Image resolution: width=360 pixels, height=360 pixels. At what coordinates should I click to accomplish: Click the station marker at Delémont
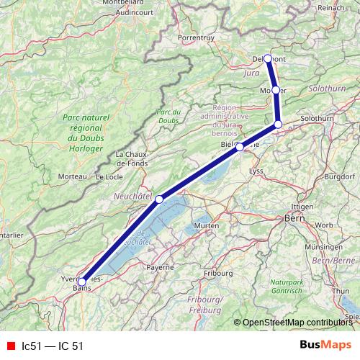click(268, 58)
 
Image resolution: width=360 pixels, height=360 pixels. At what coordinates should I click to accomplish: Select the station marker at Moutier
click(275, 90)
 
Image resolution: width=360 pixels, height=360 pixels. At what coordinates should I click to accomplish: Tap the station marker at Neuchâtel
click(159, 199)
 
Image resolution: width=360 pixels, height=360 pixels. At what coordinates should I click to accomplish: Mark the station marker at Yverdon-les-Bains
click(81, 282)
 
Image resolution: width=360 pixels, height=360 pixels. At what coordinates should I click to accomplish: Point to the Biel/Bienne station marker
click(240, 147)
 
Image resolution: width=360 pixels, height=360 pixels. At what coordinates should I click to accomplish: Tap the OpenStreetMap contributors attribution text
click(300, 323)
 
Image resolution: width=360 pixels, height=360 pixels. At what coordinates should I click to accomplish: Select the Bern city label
click(295, 217)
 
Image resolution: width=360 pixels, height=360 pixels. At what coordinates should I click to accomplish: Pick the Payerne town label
click(161, 267)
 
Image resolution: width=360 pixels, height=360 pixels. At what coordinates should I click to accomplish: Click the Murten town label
click(206, 226)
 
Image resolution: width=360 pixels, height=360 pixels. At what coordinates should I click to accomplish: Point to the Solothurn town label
click(318, 117)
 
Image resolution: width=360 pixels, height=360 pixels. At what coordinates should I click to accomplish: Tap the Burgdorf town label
click(340, 176)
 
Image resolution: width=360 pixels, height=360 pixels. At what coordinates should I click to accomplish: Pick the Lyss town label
click(256, 171)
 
